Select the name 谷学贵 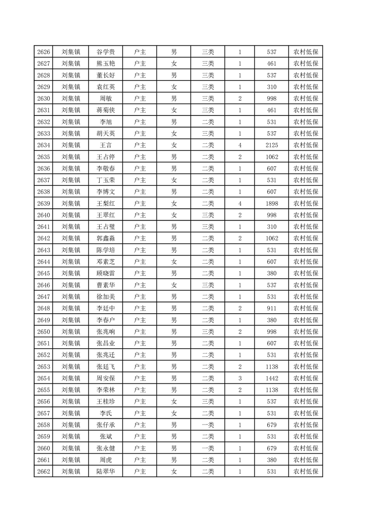105,52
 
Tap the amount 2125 271,145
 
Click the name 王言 105,145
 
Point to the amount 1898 271,204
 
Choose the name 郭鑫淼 105,239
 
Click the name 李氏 105,413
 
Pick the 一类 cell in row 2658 208,425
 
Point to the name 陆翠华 105,471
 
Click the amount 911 271,308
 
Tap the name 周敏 105,98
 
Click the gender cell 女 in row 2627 174,64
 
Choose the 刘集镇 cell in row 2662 71,471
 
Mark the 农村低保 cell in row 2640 305,215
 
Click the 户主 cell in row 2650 140,331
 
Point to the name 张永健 105,448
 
